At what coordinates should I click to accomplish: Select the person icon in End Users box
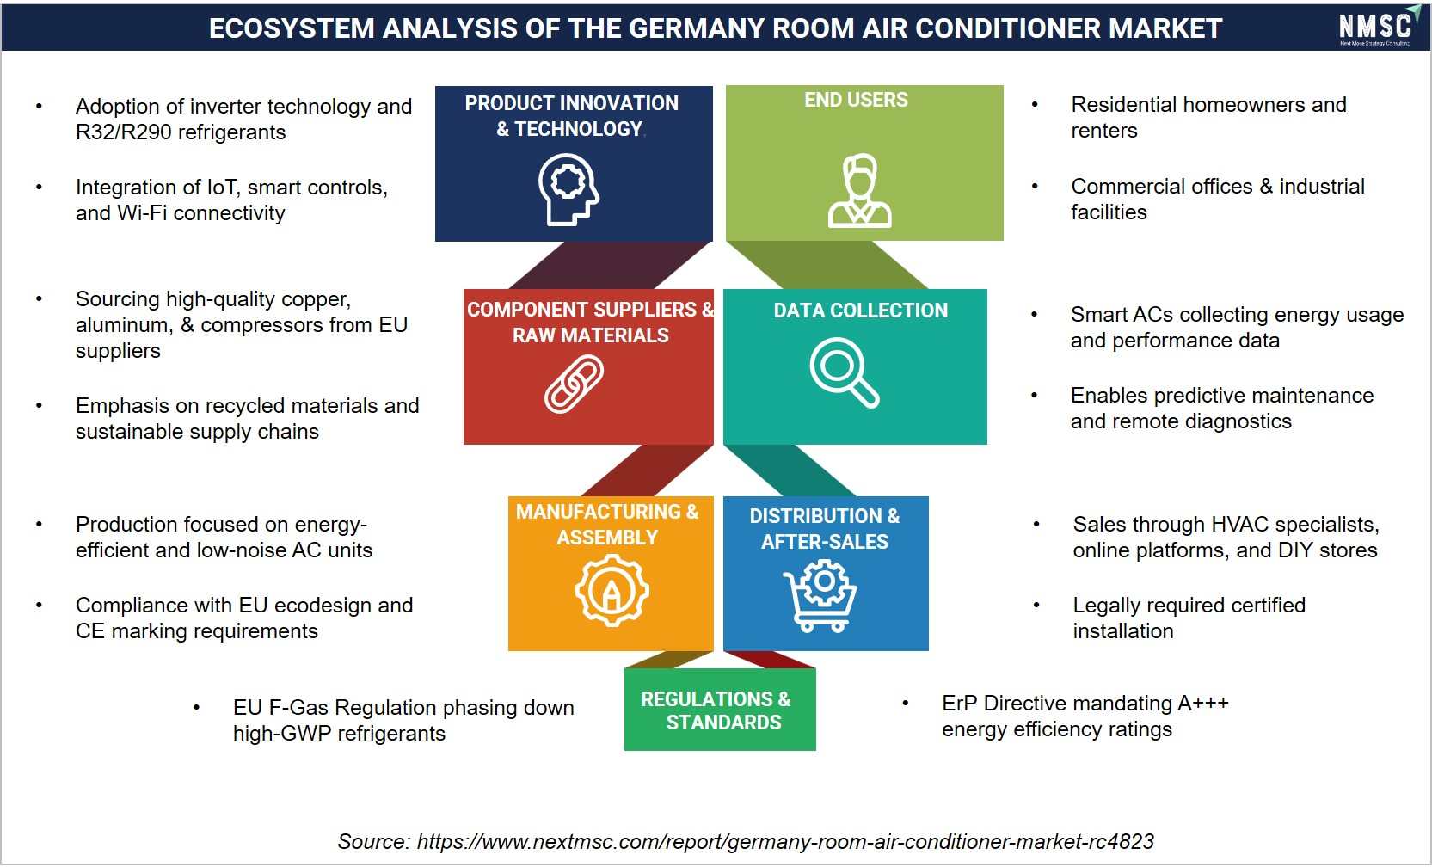(x=859, y=191)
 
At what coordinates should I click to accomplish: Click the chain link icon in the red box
(x=574, y=384)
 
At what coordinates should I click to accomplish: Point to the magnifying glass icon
(x=844, y=372)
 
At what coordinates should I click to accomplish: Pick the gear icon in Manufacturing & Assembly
(x=612, y=590)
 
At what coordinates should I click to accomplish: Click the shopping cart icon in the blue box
(x=820, y=596)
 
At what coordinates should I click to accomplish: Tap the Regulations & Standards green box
(x=720, y=709)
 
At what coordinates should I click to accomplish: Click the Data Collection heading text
(x=860, y=311)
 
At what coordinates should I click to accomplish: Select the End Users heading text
(x=856, y=100)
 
